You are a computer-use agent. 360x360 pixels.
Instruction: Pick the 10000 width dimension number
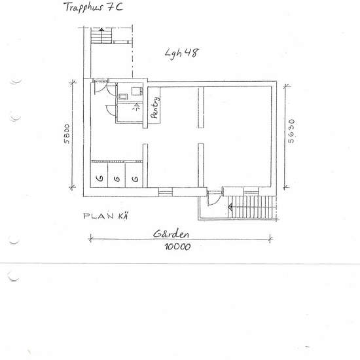[178, 247]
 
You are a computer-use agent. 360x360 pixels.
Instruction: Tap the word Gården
[171, 234]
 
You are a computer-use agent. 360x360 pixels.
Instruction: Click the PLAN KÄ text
[105, 216]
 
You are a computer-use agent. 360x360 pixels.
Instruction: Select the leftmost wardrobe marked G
[99, 178]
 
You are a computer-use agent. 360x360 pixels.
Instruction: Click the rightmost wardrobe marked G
[135, 178]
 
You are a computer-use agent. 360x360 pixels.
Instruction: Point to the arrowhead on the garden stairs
[230, 208]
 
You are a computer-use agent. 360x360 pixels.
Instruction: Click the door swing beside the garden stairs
[212, 200]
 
